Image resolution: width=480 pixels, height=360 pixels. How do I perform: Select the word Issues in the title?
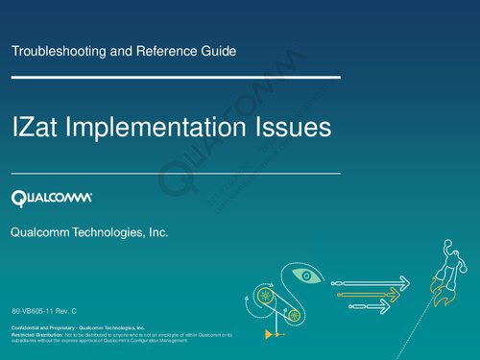point(293,128)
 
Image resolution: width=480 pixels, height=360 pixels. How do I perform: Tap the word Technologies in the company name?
point(108,233)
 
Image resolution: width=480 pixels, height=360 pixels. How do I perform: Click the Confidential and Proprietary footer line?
point(78,327)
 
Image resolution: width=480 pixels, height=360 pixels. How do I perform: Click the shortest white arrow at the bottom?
point(371,306)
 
